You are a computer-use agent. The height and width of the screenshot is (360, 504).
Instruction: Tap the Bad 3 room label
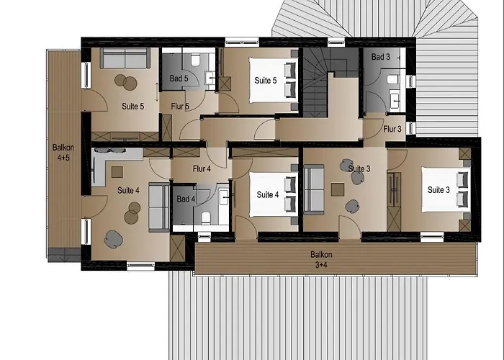click(x=381, y=56)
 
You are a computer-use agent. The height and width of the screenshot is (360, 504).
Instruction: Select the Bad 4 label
click(x=186, y=199)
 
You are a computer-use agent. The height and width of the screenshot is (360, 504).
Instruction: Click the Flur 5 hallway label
click(x=180, y=107)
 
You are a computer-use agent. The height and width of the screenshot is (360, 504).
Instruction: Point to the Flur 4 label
click(x=202, y=170)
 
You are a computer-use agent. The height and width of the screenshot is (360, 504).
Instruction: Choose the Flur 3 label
click(x=392, y=130)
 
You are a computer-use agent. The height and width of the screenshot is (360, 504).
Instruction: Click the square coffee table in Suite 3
click(x=337, y=189)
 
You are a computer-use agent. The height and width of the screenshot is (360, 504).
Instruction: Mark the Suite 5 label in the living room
click(x=132, y=107)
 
